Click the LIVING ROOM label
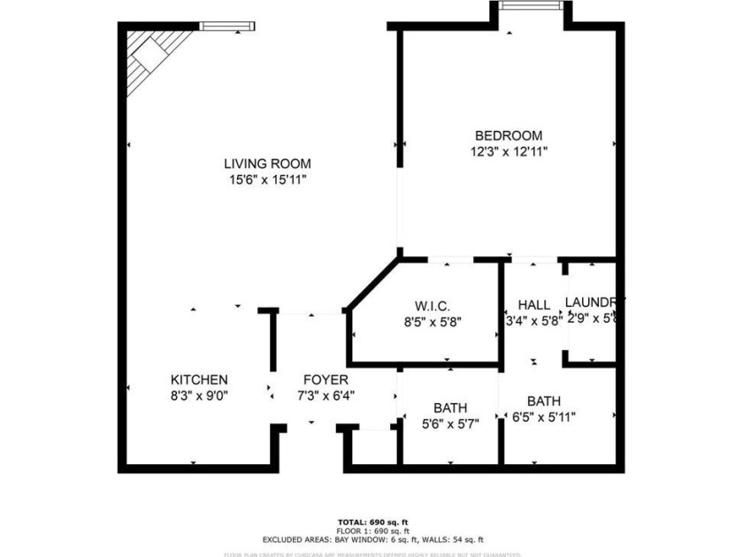(266, 164)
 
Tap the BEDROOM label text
(508, 135)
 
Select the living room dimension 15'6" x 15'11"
(266, 179)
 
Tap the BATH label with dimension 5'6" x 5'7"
(450, 408)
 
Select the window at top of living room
(227, 27)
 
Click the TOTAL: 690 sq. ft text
(371, 521)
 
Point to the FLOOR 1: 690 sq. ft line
(371, 530)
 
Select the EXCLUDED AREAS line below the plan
(371, 538)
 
